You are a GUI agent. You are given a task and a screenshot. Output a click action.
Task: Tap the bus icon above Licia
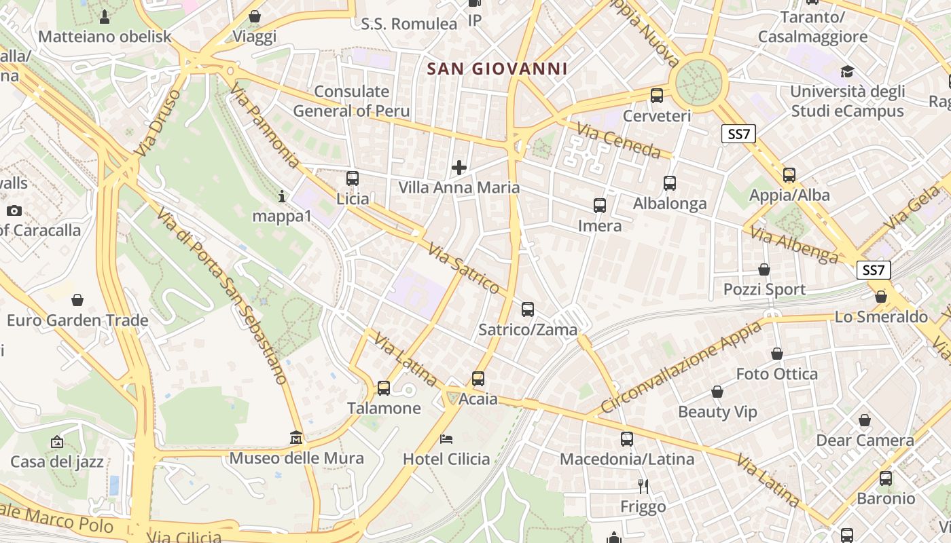[x=352, y=179]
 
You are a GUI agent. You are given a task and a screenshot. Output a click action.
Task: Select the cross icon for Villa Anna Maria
[x=459, y=167]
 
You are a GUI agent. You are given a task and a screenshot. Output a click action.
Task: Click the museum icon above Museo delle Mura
[x=295, y=438]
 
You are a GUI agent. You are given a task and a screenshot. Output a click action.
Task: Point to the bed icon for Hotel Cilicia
[x=446, y=438]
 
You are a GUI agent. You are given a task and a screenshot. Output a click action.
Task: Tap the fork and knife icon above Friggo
[x=643, y=486]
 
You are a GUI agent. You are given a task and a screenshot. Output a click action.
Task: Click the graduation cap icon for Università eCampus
[x=846, y=71]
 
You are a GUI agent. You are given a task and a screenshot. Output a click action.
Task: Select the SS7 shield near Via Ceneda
[x=738, y=134]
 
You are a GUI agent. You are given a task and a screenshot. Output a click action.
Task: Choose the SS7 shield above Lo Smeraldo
[x=873, y=270]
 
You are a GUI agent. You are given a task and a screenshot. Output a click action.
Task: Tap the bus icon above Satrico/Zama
[x=527, y=310]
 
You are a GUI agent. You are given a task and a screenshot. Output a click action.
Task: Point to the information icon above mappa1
[x=282, y=196]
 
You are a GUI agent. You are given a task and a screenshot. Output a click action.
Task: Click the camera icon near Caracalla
[x=14, y=210]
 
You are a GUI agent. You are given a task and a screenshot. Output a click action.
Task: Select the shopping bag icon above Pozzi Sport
[x=764, y=269]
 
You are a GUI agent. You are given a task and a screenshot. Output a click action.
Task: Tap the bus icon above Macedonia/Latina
[x=626, y=439]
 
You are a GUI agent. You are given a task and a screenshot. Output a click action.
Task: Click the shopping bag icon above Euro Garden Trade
[x=77, y=300]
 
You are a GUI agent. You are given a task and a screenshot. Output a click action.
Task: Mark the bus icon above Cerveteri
[x=656, y=96]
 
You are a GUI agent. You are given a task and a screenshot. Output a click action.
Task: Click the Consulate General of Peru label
[x=351, y=101]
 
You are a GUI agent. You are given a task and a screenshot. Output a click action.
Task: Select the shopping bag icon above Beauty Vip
[x=717, y=392]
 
